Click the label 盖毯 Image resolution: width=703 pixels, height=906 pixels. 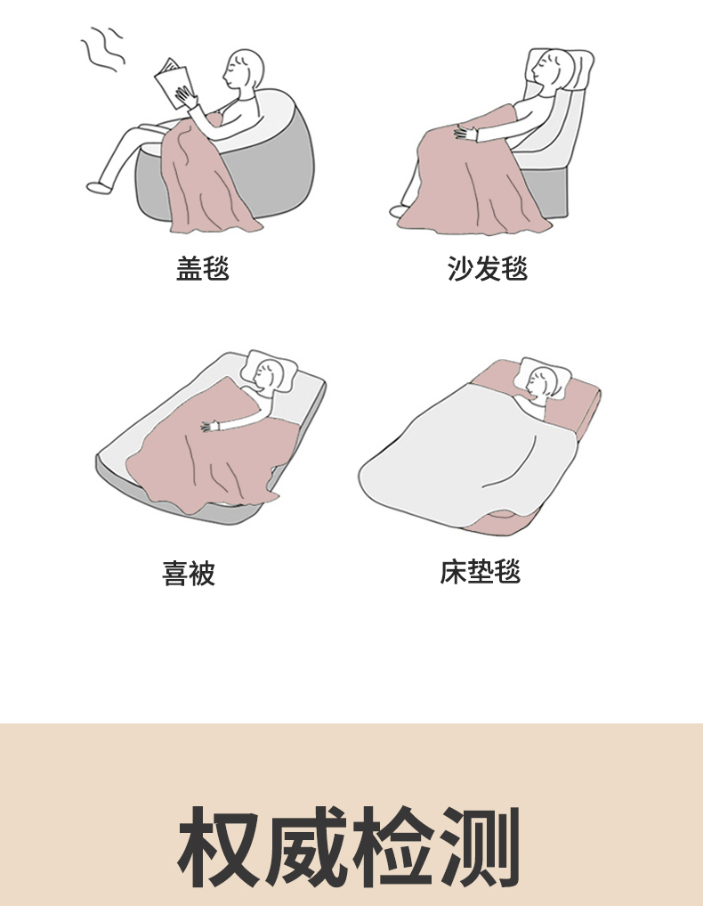pos(203,269)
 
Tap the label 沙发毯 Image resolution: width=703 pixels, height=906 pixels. pos(488,269)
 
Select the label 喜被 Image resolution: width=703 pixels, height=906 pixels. pos(188,573)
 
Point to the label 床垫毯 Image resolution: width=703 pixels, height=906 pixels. pos(481,572)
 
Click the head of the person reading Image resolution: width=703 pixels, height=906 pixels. pos(245,69)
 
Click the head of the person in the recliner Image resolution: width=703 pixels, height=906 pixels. pos(551,69)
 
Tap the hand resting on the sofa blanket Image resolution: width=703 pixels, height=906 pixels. pos(465,134)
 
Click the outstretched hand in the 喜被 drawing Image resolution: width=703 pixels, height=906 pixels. pos(209,427)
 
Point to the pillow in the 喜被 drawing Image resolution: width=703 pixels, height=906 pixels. pos(269,371)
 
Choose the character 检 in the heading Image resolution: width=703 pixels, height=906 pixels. pos(393,846)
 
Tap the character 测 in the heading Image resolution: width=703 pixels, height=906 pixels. pos(481,846)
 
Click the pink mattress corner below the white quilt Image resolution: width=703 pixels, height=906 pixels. pos(501,523)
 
